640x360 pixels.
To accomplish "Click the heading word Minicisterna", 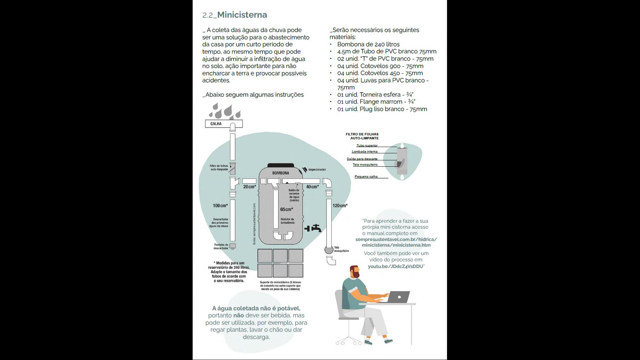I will pyautogui.click(x=242, y=15).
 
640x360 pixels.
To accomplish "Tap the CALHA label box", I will pyautogui.click(x=216, y=124).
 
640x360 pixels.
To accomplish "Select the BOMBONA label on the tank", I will pyautogui.click(x=281, y=173).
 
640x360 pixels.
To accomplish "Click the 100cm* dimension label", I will pyautogui.click(x=220, y=206).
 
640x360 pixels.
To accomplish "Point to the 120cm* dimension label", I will pyautogui.click(x=340, y=206).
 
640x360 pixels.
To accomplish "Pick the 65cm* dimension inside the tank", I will pyautogui.click(x=286, y=210).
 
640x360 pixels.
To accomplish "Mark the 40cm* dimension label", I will pyautogui.click(x=312, y=187).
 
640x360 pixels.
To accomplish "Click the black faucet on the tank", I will pyautogui.click(x=313, y=229).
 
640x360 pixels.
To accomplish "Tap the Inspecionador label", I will pyautogui.click(x=317, y=170).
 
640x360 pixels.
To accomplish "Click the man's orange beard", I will pyautogui.click(x=356, y=274).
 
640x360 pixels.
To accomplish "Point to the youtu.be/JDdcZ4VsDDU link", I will pyautogui.click(x=395, y=266).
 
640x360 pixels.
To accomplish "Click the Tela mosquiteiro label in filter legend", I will pyautogui.click(x=365, y=165).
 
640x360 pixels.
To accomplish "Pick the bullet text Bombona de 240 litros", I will pyautogui.click(x=368, y=44).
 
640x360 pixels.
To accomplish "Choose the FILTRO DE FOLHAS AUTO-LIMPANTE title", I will pyautogui.click(x=362, y=136).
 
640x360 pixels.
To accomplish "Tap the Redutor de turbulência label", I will pyautogui.click(x=287, y=221).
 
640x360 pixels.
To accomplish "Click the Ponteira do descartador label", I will pyautogui.click(x=221, y=246).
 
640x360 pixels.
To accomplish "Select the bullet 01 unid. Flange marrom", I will pyautogui.click(x=376, y=102).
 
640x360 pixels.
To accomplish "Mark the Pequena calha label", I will pyautogui.click(x=366, y=177).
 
